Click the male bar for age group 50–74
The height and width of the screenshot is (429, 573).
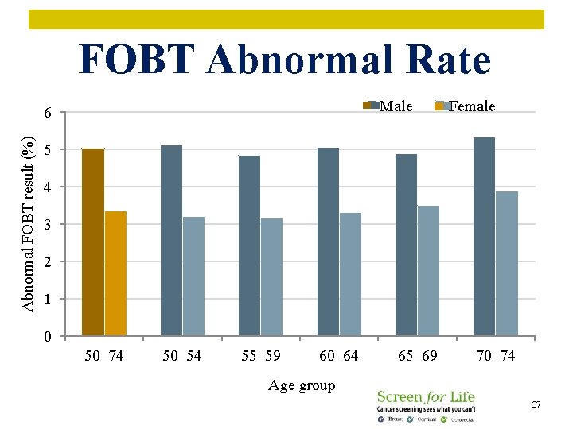tap(93, 242)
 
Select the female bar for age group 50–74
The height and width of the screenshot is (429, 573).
tap(115, 273)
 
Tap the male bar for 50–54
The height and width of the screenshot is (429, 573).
tap(171, 241)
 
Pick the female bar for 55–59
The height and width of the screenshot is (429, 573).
tap(271, 276)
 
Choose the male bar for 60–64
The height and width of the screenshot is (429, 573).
tap(328, 242)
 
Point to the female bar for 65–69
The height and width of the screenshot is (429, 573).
tap(428, 270)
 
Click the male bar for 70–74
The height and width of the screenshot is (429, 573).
tap(484, 237)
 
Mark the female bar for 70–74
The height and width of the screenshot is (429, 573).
tap(507, 263)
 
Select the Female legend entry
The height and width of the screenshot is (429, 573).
tap(465, 106)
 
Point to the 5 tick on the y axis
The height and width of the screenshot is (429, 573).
tap(49, 150)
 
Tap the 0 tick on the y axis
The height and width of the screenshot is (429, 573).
tap(49, 337)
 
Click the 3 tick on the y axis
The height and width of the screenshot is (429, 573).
tap(49, 225)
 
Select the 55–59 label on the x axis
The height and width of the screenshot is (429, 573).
tap(260, 356)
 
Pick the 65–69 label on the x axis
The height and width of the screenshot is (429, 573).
tap(417, 356)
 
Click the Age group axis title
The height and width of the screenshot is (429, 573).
tap(302, 386)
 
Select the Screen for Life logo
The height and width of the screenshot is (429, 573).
tap(426, 405)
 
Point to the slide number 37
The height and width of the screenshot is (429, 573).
tap(536, 405)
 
